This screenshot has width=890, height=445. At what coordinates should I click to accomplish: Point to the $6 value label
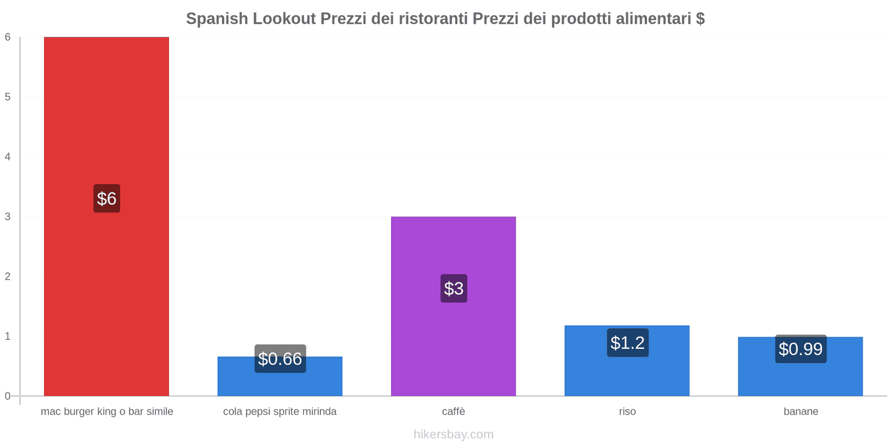(106, 199)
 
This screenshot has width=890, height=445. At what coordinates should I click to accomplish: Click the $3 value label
(453, 288)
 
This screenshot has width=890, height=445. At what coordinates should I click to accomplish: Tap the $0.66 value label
(280, 359)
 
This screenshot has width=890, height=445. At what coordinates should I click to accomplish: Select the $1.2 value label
(627, 343)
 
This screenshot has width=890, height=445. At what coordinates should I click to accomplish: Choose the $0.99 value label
(800, 349)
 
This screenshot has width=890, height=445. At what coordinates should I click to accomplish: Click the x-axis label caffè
(453, 412)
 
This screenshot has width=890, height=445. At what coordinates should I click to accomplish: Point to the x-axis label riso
(627, 412)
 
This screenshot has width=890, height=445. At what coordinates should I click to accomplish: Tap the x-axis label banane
(800, 412)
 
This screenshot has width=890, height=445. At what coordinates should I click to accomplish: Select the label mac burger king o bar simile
(107, 412)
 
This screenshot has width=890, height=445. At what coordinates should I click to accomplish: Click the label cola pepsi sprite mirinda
(280, 412)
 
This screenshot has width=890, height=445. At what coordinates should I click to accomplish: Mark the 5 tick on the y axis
(8, 97)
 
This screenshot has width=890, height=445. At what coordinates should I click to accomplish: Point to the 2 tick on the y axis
(8, 276)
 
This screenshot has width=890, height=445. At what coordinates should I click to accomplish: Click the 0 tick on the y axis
(8, 396)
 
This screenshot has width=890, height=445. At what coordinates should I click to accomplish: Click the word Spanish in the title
(217, 18)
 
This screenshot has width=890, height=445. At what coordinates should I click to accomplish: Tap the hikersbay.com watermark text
(453, 434)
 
